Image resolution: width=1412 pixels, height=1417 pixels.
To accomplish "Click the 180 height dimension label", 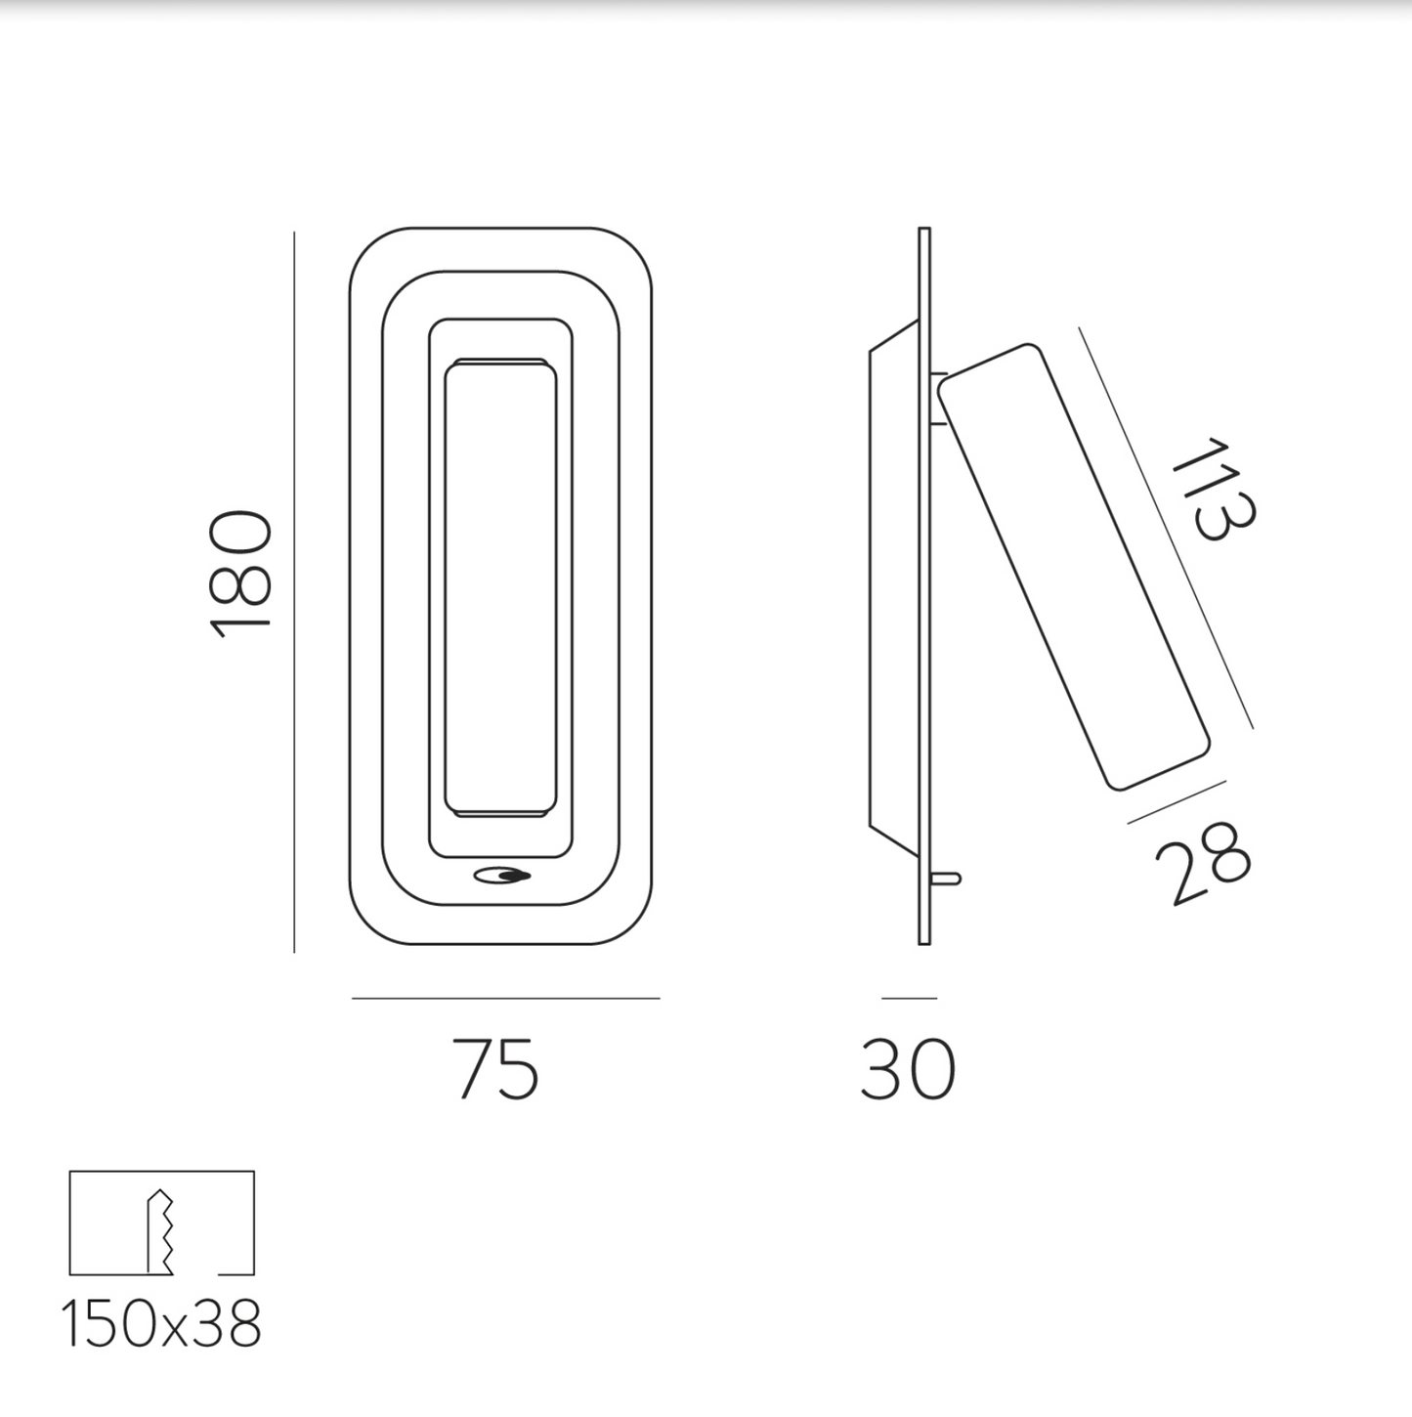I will click(x=240, y=575).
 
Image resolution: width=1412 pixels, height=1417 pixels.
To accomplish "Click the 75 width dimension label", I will click(x=495, y=1069).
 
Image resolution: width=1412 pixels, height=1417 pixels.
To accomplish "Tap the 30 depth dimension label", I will click(x=908, y=1069).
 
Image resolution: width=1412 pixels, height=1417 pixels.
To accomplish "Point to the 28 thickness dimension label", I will click(x=1202, y=864).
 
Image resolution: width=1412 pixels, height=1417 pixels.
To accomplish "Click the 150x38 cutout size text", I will click(x=162, y=1326).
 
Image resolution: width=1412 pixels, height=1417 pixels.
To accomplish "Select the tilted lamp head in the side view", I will click(x=1073, y=567).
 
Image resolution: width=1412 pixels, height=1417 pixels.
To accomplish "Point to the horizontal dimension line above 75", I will click(x=505, y=998).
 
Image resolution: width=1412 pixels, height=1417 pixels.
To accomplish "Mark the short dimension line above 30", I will click(x=909, y=998).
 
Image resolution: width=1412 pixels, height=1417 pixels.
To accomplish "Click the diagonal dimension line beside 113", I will click(x=1165, y=528).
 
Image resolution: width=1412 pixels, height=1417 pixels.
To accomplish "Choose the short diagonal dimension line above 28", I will click(x=1177, y=801).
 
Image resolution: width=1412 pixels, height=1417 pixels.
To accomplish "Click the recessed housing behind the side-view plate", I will click(x=891, y=586).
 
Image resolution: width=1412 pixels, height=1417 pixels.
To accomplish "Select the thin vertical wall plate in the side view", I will click(x=924, y=586).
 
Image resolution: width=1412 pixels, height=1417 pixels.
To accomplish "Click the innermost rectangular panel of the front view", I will click(x=500, y=586).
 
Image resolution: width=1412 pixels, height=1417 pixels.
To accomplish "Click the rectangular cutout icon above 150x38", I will click(x=162, y=1223).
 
